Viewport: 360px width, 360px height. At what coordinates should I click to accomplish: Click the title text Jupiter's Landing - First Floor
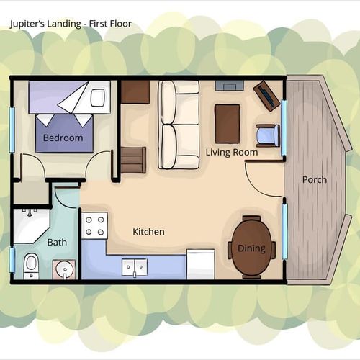click(x=71, y=24)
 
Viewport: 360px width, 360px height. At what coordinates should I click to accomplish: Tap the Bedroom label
click(x=63, y=138)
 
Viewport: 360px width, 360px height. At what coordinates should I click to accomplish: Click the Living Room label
click(x=232, y=153)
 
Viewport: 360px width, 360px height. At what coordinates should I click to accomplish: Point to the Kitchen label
click(x=148, y=232)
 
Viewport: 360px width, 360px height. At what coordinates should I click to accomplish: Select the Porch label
click(x=315, y=180)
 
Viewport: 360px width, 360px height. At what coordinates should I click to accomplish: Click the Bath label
click(x=57, y=243)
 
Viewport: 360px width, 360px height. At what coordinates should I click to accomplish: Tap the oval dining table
click(x=252, y=247)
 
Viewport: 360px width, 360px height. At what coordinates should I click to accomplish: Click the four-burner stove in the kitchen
click(x=94, y=225)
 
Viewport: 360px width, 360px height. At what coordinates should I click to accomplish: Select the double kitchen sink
click(x=135, y=267)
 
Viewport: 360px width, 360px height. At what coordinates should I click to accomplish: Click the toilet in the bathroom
click(x=31, y=266)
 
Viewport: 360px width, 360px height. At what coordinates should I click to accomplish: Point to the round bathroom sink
click(x=64, y=269)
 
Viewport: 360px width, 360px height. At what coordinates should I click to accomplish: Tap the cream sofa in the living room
click(x=179, y=125)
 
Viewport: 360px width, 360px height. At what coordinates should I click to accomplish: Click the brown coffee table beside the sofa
click(x=228, y=124)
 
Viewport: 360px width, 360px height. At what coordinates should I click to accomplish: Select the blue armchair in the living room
click(x=268, y=135)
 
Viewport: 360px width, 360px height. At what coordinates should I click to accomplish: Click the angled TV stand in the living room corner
click(x=267, y=96)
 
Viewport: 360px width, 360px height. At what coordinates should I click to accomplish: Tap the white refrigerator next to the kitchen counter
click(x=201, y=264)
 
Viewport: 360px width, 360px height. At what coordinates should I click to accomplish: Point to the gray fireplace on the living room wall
click(x=230, y=86)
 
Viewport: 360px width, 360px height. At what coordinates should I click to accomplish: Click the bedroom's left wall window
click(x=12, y=130)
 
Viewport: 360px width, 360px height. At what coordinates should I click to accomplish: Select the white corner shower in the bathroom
click(x=31, y=225)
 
